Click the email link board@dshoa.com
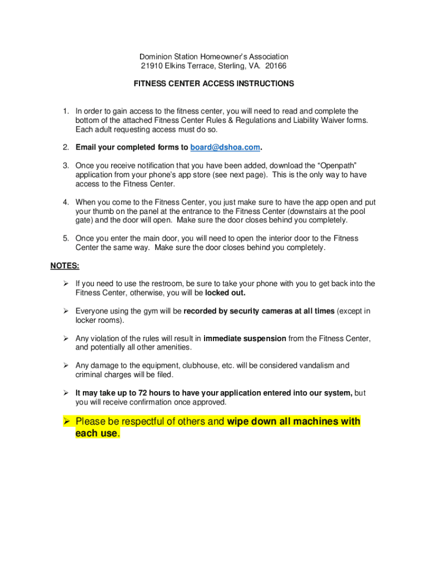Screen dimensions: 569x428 pyautogui.click(x=225, y=147)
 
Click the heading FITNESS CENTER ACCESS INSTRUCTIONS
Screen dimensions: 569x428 pyautogui.click(x=214, y=84)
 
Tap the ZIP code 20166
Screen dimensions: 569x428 pyautogui.click(x=276, y=66)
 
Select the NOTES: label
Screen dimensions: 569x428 pyautogui.click(x=64, y=266)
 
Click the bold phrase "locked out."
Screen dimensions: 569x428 pyautogui.click(x=225, y=292)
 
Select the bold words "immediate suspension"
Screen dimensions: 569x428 pyautogui.click(x=245, y=338)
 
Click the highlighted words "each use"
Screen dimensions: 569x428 pyautogui.click(x=96, y=433)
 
